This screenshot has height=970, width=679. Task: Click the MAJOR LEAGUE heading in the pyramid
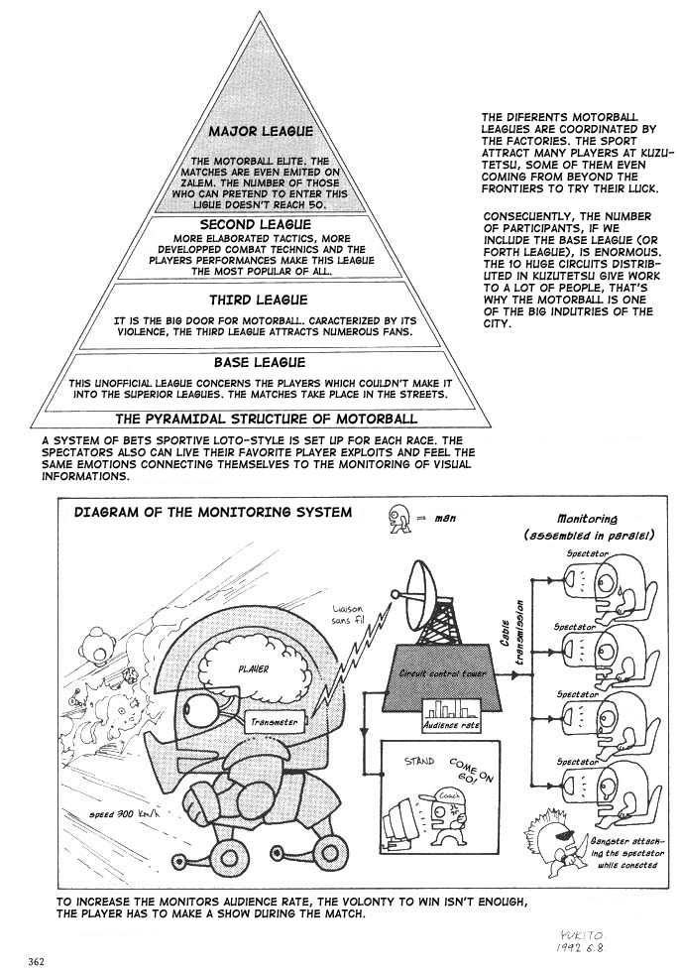pos(261,131)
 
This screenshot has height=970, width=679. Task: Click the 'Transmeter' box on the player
pos(275,723)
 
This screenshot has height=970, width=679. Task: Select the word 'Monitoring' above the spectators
pos(587,518)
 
